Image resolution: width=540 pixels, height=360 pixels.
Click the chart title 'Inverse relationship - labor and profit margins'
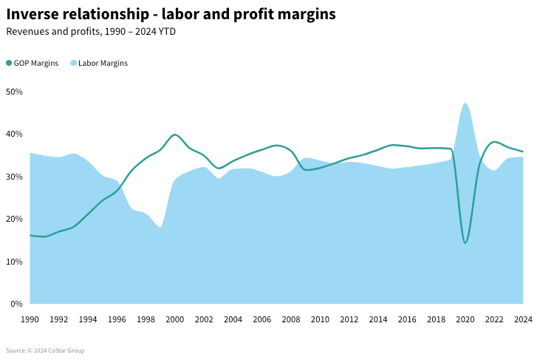(x=171, y=14)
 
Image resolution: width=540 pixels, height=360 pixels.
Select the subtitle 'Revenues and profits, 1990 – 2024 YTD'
(x=90, y=32)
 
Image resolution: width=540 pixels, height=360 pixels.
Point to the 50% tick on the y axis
(x=15, y=92)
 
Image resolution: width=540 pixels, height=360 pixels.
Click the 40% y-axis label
(x=15, y=135)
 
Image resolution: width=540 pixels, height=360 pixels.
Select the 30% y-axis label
(x=15, y=177)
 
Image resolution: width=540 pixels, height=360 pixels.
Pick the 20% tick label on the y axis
(x=15, y=220)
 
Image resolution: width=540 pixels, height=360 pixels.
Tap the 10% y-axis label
(x=15, y=262)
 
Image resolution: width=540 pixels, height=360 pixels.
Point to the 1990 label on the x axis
(x=30, y=319)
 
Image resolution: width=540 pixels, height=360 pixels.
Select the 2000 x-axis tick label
(x=175, y=319)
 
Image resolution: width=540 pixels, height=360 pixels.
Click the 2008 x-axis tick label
(x=291, y=319)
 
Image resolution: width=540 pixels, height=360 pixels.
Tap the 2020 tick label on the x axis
(x=465, y=319)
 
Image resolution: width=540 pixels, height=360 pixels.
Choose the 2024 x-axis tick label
(x=522, y=319)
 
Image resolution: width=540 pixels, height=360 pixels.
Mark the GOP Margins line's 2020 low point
(x=465, y=242)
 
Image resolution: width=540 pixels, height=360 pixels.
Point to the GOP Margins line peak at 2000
(x=174, y=135)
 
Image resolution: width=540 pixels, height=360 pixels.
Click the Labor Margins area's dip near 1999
(x=160, y=227)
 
